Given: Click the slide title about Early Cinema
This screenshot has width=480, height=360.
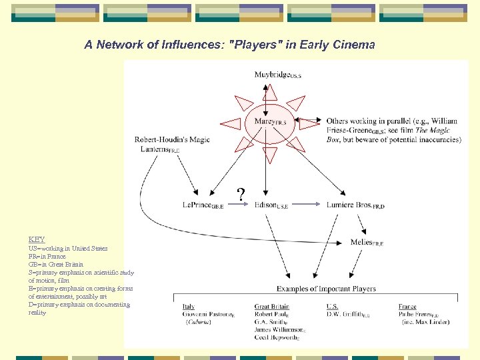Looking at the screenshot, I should [229, 45].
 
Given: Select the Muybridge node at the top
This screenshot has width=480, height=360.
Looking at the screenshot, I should [277, 75].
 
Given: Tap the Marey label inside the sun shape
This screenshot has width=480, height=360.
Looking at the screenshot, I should [270, 121].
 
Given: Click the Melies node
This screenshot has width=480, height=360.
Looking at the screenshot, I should [367, 243].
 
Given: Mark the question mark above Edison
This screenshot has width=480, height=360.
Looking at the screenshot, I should [241, 195].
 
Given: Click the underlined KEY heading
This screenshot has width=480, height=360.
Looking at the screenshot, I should [37, 239].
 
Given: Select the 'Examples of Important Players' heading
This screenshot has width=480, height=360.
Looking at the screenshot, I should [326, 289].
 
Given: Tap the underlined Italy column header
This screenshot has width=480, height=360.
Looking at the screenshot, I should [189, 307].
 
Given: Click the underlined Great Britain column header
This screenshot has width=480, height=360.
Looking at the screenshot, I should [271, 307].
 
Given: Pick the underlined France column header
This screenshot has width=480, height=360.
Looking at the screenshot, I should [407, 307].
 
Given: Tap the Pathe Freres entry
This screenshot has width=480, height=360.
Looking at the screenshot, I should [418, 314].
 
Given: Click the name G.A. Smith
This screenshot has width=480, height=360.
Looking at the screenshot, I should [270, 322].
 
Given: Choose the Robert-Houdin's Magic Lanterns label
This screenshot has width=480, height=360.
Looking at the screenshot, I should [171, 144].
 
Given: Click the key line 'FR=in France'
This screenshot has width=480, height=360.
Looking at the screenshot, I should [47, 256].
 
